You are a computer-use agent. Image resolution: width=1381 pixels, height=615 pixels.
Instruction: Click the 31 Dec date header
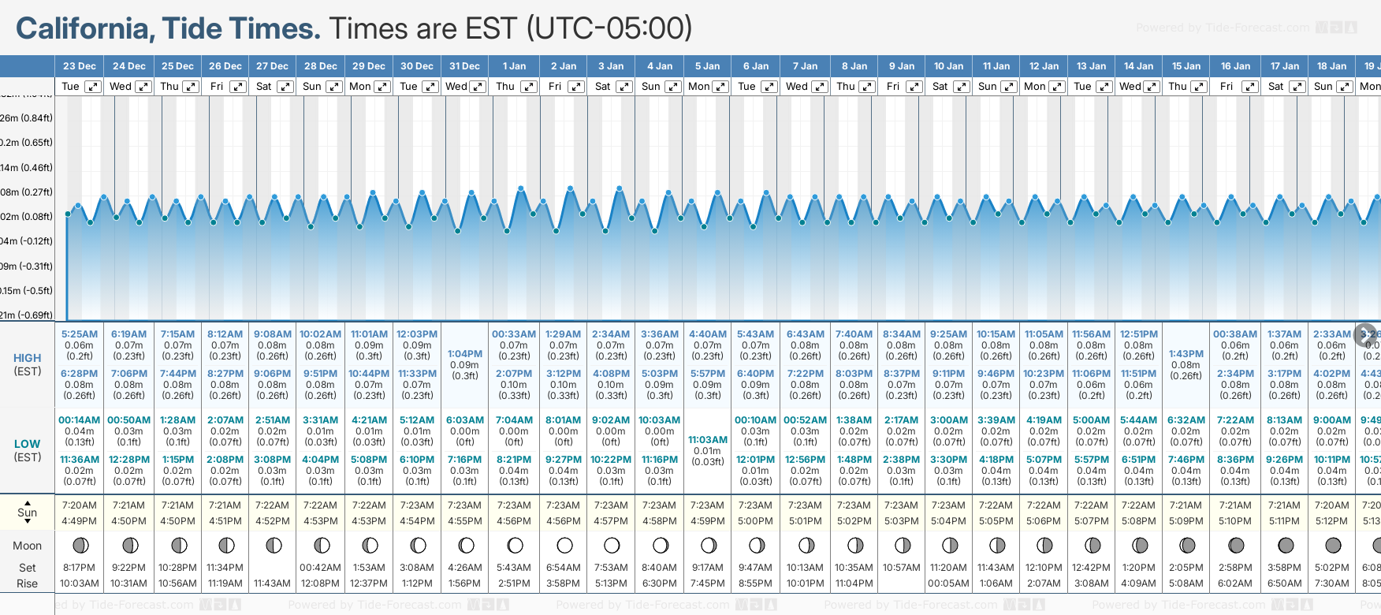click(x=464, y=66)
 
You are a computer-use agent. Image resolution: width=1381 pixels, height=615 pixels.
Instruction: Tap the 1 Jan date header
click(x=514, y=66)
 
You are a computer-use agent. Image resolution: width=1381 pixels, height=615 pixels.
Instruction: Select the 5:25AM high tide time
click(x=80, y=334)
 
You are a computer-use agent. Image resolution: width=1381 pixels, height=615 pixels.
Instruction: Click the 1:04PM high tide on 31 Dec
click(x=464, y=354)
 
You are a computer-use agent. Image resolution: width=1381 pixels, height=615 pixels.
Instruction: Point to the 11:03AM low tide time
click(x=707, y=440)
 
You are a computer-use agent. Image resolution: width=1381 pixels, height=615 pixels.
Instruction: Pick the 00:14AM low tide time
click(x=80, y=420)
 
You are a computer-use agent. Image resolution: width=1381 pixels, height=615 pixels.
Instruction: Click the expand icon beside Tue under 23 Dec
click(x=93, y=87)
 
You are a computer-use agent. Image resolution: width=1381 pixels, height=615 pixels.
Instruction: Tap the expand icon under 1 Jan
click(x=529, y=87)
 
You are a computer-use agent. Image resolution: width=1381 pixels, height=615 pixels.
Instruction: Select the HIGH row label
click(x=27, y=358)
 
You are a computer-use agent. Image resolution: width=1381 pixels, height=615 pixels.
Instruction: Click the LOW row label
click(x=27, y=444)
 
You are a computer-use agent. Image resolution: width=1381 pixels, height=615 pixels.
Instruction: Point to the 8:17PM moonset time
click(x=79, y=568)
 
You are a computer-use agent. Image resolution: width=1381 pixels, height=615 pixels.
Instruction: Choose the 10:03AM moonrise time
click(x=80, y=583)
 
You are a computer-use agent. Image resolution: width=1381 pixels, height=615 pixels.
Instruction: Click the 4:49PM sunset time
click(x=79, y=521)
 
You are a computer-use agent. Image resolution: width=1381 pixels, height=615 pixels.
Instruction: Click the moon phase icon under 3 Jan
click(x=612, y=545)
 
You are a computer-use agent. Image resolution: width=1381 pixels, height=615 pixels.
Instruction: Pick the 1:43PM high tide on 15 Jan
click(x=1186, y=354)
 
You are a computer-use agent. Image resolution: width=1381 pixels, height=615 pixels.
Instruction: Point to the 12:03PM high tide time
click(x=417, y=334)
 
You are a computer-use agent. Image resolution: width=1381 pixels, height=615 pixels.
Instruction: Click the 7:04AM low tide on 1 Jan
click(x=514, y=420)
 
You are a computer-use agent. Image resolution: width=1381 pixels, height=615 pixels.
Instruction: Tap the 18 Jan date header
click(x=1332, y=66)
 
